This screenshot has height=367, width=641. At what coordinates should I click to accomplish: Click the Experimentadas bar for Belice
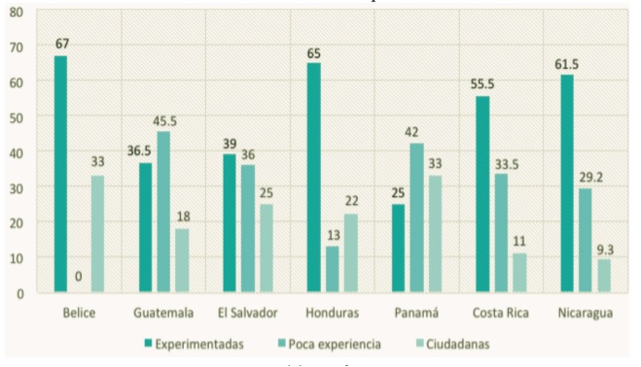(x=60, y=174)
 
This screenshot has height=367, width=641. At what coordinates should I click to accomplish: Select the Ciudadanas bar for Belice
(x=97, y=234)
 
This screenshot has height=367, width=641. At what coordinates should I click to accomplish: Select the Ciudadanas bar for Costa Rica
(x=518, y=273)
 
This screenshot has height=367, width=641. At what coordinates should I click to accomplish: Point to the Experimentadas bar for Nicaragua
(x=565, y=183)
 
